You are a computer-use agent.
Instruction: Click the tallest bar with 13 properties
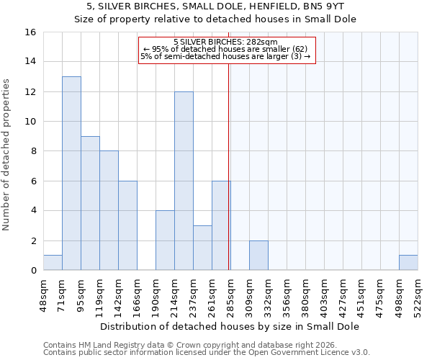(71, 174)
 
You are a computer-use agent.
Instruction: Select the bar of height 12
(184, 181)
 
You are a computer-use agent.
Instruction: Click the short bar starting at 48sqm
(53, 263)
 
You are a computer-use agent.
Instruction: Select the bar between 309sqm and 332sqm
(258, 256)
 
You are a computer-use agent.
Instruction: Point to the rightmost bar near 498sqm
(408, 263)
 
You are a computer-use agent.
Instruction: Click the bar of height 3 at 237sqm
(202, 248)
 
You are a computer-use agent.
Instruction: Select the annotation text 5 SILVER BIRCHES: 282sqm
(225, 42)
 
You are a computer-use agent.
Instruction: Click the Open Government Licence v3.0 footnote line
(207, 353)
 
